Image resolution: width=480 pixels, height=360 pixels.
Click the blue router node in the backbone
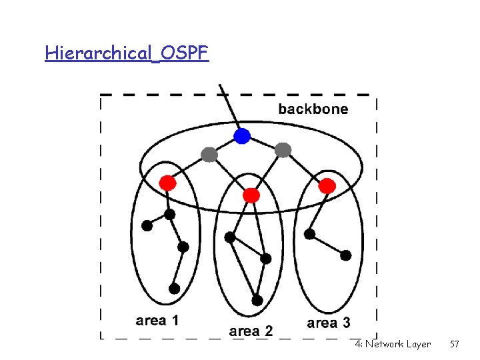click(242, 137)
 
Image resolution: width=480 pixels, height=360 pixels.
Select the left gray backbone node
click(209, 155)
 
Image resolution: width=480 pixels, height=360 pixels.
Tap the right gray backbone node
click(283, 150)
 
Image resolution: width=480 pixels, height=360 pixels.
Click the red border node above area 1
click(168, 183)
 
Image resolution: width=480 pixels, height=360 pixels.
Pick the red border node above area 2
click(251, 195)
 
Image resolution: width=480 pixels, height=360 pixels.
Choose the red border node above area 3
click(327, 186)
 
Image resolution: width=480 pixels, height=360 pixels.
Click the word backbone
click(313, 109)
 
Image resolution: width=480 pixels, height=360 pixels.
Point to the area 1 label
click(157, 321)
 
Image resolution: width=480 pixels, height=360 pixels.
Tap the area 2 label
click(251, 331)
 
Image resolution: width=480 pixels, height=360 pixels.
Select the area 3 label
click(328, 323)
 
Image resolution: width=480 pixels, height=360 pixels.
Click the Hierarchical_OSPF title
click(127, 53)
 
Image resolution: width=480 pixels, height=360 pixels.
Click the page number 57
click(455, 344)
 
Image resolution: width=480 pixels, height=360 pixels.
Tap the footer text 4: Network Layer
click(393, 344)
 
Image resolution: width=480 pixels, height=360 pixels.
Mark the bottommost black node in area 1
click(174, 289)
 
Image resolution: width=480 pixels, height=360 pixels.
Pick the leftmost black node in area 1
click(147, 225)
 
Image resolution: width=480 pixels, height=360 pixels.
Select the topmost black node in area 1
click(170, 214)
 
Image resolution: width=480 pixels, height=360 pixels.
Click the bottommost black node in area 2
click(257, 300)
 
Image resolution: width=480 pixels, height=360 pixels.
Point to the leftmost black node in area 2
click(230, 237)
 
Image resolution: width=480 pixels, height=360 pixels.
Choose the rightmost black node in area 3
click(345, 255)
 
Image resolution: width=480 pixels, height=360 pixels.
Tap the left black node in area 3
click(309, 234)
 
